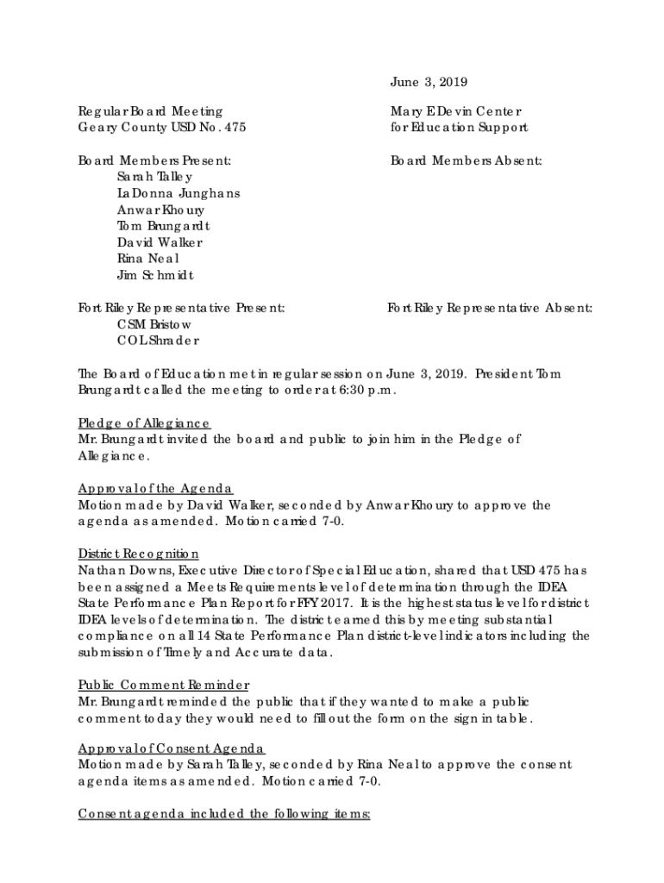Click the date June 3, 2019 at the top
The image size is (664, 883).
click(x=429, y=83)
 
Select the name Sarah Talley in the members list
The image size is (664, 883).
click(x=149, y=177)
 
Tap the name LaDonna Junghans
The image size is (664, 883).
click(x=179, y=193)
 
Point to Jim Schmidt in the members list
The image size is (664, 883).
click(x=155, y=275)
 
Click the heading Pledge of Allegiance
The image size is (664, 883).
click(x=144, y=423)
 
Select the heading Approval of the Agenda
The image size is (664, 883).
click(x=155, y=488)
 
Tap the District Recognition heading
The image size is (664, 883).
click(x=139, y=554)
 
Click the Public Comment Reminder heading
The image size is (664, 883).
click(x=164, y=685)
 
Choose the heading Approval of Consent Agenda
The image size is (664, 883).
click(x=172, y=748)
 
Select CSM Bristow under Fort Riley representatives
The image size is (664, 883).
click(x=154, y=324)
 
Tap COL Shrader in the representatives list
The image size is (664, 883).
click(x=158, y=341)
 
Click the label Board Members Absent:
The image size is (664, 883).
click(x=467, y=160)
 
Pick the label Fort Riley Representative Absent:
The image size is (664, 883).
click(x=490, y=308)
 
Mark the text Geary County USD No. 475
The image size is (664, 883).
click(x=162, y=128)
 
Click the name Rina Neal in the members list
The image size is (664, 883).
click(x=148, y=259)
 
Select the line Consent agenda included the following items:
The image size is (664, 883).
click(x=224, y=814)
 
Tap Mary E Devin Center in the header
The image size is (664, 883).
click(x=456, y=111)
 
